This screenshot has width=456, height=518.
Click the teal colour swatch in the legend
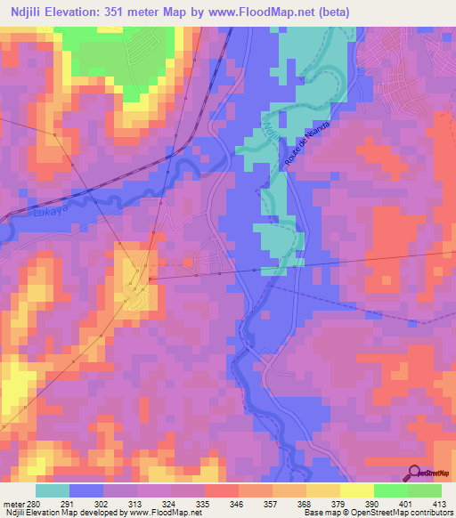(x=53, y=490)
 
